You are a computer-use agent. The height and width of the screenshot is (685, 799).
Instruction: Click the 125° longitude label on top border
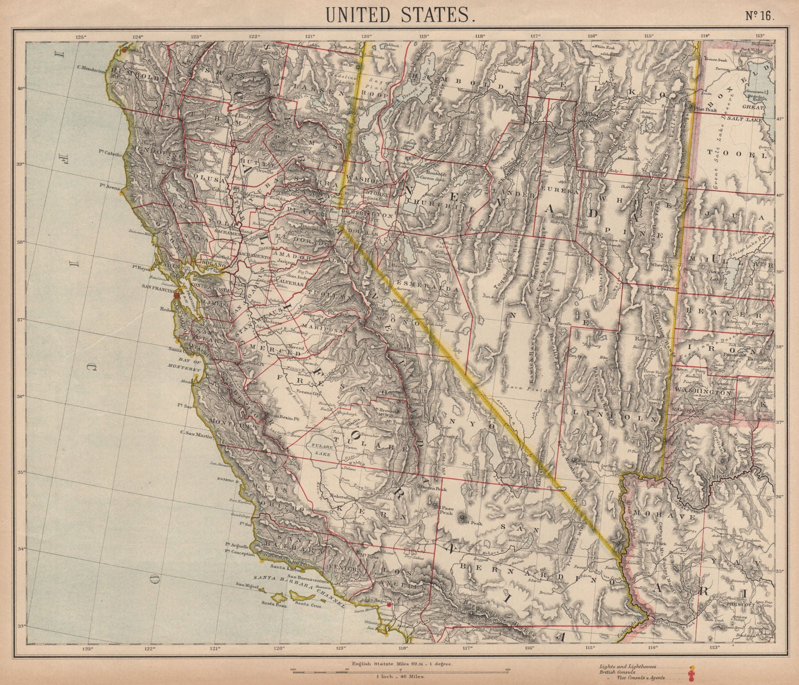(x=81, y=36)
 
